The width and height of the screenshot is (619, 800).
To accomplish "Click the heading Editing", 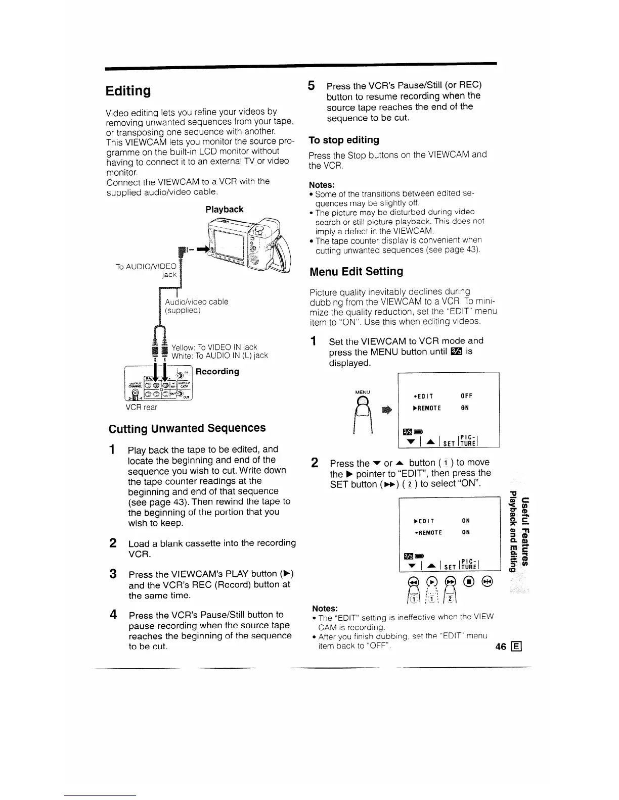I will (x=128, y=91).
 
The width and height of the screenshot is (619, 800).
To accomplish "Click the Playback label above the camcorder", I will (x=224, y=209).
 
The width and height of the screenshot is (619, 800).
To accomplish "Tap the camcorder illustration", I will (x=248, y=242).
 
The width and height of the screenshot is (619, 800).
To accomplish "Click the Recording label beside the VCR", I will (x=217, y=371).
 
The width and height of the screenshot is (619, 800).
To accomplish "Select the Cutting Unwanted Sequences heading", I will (x=187, y=428).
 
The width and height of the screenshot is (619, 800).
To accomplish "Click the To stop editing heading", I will (x=343, y=140).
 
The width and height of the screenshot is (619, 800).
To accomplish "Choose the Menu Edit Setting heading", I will (x=356, y=271).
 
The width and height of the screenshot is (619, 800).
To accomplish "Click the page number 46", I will (x=501, y=648).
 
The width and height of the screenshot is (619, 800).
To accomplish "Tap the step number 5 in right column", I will (x=312, y=85).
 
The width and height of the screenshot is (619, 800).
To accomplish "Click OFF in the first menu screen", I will (x=466, y=396).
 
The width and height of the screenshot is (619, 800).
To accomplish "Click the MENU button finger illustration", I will (x=363, y=409).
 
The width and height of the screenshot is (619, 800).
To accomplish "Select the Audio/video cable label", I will (x=196, y=302).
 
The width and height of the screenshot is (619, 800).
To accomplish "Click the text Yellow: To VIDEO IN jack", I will (x=214, y=347).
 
